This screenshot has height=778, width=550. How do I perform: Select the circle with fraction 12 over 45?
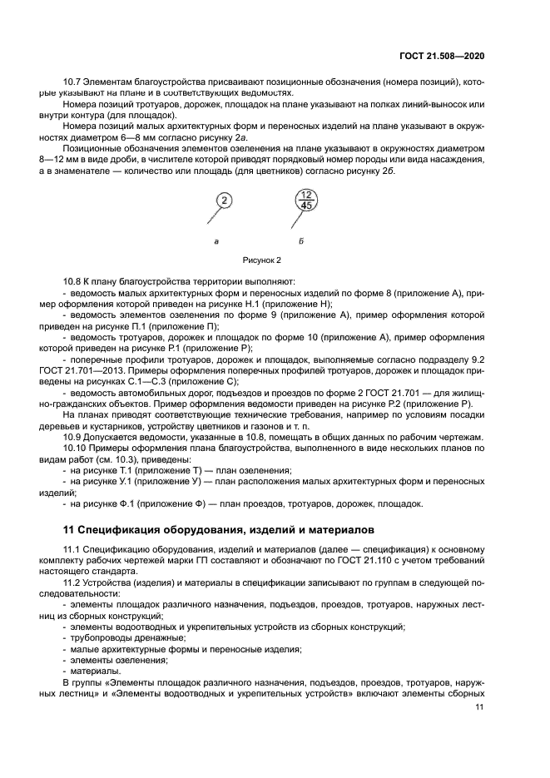click(307, 201)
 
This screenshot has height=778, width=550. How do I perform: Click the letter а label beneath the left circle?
click(216, 240)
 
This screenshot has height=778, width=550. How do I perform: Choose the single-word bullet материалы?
click(95, 671)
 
